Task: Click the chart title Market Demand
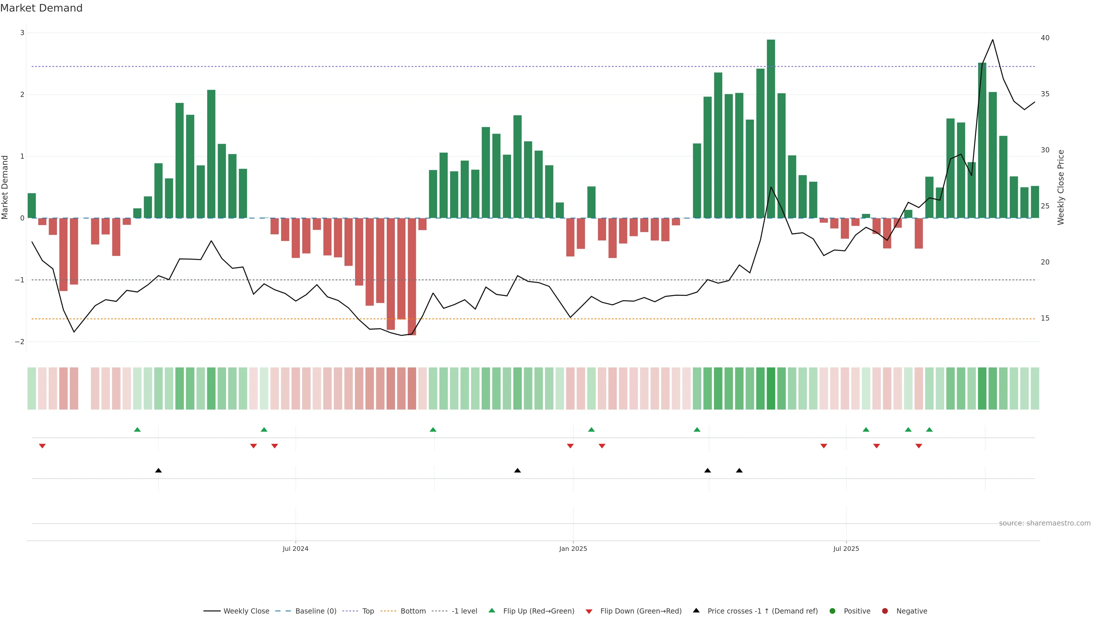(x=41, y=8)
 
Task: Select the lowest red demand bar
(x=411, y=276)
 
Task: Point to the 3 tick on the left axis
(x=22, y=33)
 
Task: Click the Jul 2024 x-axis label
(x=295, y=549)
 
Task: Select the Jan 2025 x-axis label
(x=573, y=549)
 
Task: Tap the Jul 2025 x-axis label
(x=846, y=549)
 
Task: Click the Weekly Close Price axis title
(x=1061, y=187)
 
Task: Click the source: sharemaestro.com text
(x=1045, y=523)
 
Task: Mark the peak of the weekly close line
(x=992, y=40)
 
